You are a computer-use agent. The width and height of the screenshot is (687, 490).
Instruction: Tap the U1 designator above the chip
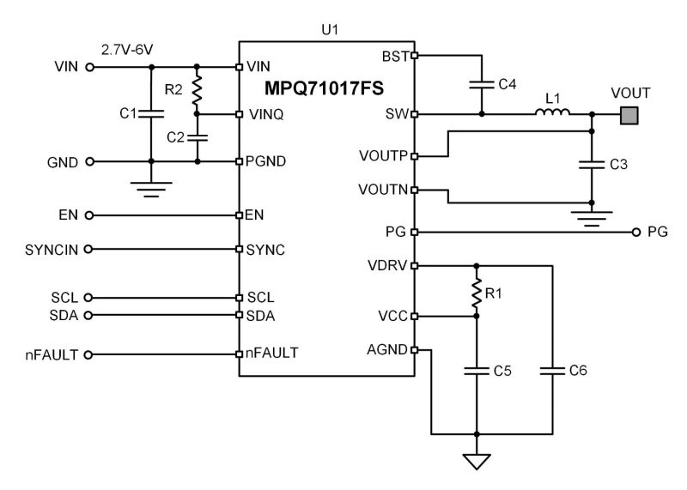pyautogui.click(x=326, y=28)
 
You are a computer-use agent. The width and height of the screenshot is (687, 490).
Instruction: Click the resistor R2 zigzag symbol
pyautogui.click(x=198, y=89)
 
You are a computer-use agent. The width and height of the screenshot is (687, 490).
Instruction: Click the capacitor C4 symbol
pyautogui.click(x=481, y=84)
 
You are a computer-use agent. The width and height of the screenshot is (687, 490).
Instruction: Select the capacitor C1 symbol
pyautogui.click(x=152, y=112)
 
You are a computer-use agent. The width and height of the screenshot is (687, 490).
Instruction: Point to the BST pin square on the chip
pyautogui.click(x=415, y=56)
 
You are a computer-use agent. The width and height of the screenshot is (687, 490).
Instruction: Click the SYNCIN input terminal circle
pyautogui.click(x=89, y=249)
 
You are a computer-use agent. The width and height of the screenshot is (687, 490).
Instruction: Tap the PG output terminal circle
pyautogui.click(x=635, y=232)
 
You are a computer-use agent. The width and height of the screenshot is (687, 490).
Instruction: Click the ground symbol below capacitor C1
pyautogui.click(x=152, y=187)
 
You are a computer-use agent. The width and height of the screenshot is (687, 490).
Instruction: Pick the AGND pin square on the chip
pyautogui.click(x=415, y=350)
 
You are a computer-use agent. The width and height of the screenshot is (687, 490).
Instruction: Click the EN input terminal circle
pyautogui.click(x=89, y=215)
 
